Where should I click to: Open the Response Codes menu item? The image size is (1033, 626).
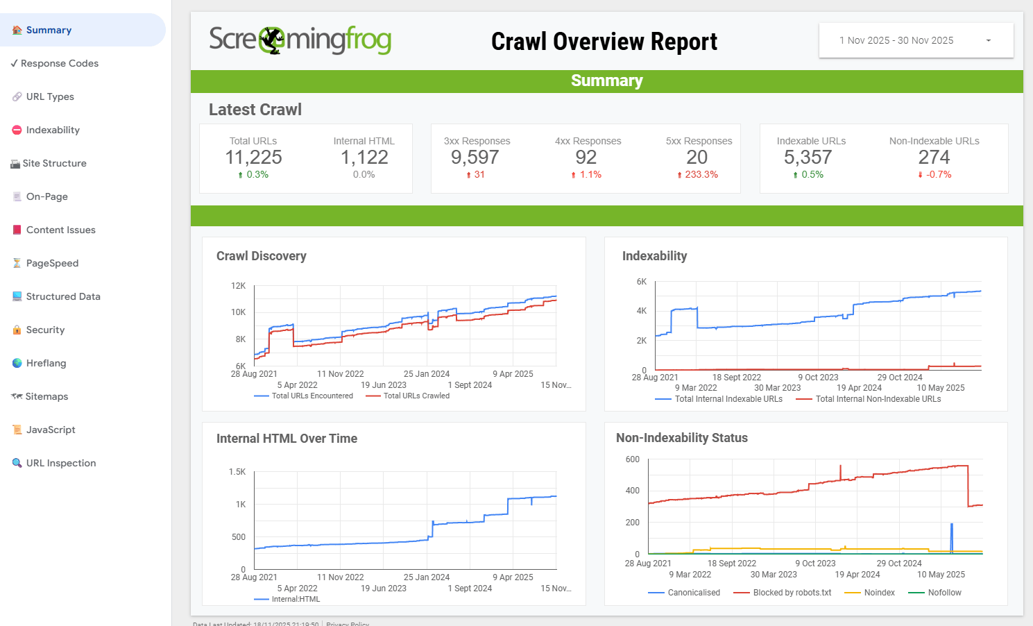(x=59, y=63)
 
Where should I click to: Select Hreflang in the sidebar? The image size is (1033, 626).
(x=46, y=363)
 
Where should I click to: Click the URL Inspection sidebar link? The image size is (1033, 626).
(x=60, y=463)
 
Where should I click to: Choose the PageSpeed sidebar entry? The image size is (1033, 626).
(x=52, y=263)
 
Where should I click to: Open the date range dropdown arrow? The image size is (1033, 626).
(x=989, y=40)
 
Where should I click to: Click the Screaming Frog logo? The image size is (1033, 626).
(x=300, y=40)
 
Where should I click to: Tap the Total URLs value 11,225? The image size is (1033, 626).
(x=253, y=158)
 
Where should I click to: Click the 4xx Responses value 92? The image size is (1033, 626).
(x=586, y=158)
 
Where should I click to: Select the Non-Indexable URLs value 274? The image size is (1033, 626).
(x=934, y=158)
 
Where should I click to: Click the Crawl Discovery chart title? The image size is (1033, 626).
(x=261, y=256)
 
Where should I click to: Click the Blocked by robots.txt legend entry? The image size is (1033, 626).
(x=792, y=593)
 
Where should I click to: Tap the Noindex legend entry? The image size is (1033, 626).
(x=879, y=593)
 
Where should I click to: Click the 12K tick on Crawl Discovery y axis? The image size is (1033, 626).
(x=238, y=286)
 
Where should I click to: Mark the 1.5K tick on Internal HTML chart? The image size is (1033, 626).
(x=237, y=472)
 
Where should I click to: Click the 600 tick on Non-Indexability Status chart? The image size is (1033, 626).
(x=632, y=459)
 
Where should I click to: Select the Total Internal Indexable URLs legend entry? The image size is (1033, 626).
(x=728, y=399)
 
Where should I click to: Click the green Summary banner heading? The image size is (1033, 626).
(x=606, y=81)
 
